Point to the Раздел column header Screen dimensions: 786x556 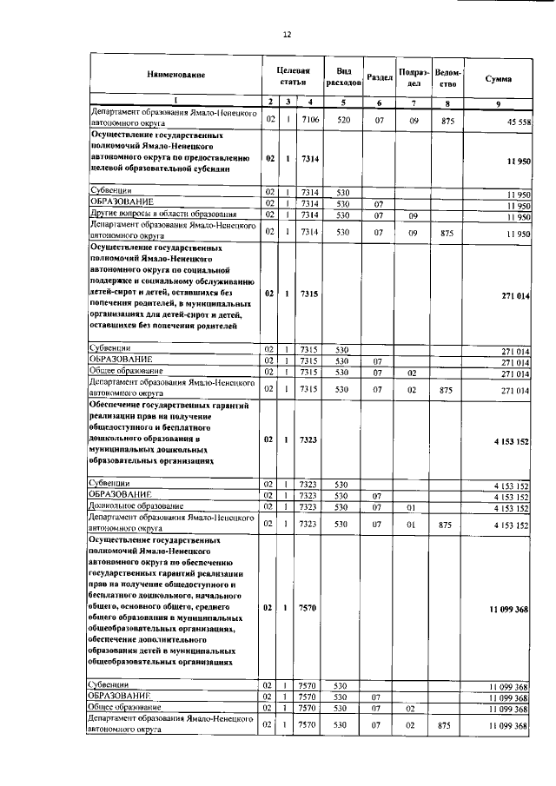[x=379, y=76]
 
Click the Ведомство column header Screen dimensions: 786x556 [x=447, y=76]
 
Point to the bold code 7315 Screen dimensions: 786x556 [x=308, y=294]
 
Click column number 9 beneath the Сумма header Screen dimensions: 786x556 [x=498, y=103]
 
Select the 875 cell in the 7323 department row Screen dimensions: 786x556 [x=447, y=525]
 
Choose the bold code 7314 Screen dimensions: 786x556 [x=308, y=160]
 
